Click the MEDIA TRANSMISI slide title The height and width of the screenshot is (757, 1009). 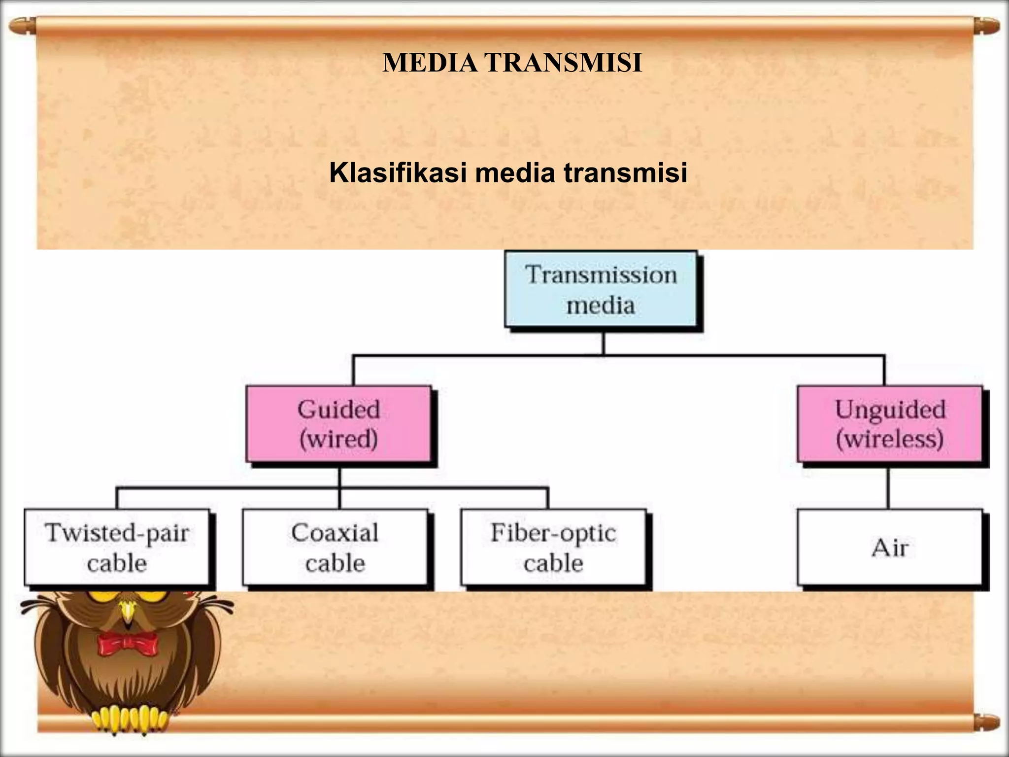tap(512, 63)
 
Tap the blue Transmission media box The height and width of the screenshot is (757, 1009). tap(601, 290)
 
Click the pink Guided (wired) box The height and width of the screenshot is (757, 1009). tap(339, 424)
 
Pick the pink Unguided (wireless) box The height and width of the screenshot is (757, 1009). tap(890, 424)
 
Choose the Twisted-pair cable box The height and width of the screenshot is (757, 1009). tap(117, 547)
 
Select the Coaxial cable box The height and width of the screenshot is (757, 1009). tap(335, 547)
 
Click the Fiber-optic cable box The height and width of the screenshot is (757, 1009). tap(553, 547)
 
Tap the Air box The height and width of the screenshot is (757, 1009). tap(890, 547)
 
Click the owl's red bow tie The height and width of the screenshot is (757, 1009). tap(128, 643)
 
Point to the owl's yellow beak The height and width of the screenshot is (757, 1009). tap(128, 611)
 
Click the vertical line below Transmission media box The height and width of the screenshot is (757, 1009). tap(604, 343)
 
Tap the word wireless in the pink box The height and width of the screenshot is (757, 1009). tap(890, 439)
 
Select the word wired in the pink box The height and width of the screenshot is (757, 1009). tap(339, 439)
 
